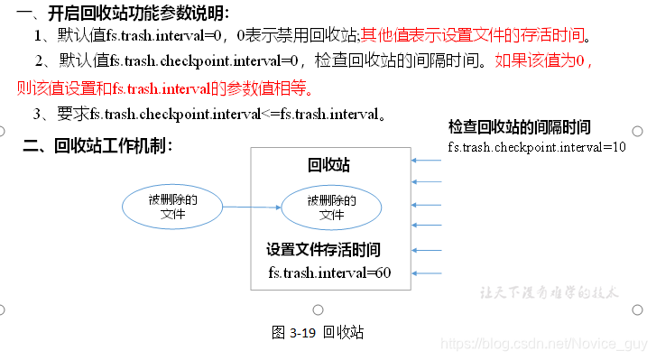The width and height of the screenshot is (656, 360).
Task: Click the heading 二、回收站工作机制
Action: click(97, 144)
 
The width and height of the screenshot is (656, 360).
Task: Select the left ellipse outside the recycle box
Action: click(172, 207)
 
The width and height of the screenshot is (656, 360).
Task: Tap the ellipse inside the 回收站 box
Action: click(331, 207)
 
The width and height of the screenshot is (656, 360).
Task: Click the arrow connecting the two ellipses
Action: click(252, 207)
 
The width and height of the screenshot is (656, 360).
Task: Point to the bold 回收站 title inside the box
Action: click(329, 165)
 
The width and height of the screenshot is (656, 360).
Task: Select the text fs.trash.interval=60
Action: click(329, 272)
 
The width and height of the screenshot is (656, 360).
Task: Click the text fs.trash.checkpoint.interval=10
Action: click(536, 146)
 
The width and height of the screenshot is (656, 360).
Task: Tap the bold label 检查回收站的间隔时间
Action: click(520, 127)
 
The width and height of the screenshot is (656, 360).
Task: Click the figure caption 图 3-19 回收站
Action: click(318, 332)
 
